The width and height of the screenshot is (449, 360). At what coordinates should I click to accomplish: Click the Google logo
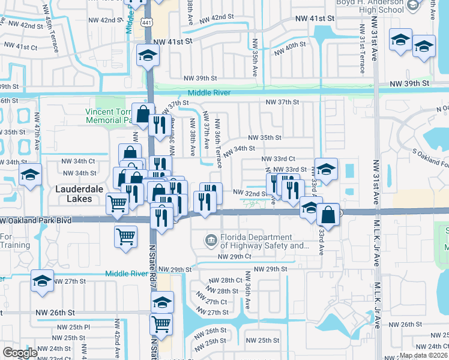[20, 353]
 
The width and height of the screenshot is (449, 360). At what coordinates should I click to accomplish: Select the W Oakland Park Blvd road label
[37, 221]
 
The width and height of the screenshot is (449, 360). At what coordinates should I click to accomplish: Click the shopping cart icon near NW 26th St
[161, 325]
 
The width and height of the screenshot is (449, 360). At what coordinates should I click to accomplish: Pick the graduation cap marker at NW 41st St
[146, 56]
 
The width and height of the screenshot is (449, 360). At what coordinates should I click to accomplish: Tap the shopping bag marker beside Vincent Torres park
[143, 113]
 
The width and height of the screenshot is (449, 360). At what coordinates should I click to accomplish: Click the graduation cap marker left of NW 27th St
[42, 283]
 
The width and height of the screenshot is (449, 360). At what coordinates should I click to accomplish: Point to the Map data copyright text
[423, 355]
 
